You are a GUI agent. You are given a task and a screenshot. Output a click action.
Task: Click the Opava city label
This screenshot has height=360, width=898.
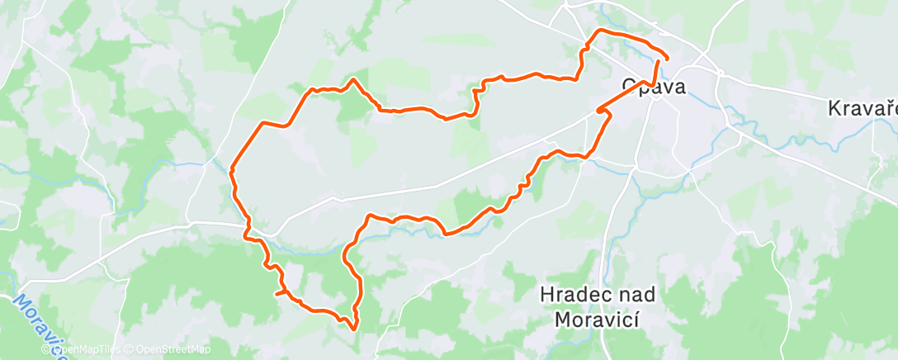click(653, 86)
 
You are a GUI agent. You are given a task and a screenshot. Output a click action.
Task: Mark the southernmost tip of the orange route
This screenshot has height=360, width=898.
click(355, 329)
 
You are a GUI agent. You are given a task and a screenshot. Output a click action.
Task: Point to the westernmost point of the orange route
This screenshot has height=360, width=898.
click(231, 170)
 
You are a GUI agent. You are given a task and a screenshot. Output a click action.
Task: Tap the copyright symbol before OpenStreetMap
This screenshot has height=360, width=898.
click(130, 350)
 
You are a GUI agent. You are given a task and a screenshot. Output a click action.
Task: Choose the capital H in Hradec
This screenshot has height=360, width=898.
click(547, 294)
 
